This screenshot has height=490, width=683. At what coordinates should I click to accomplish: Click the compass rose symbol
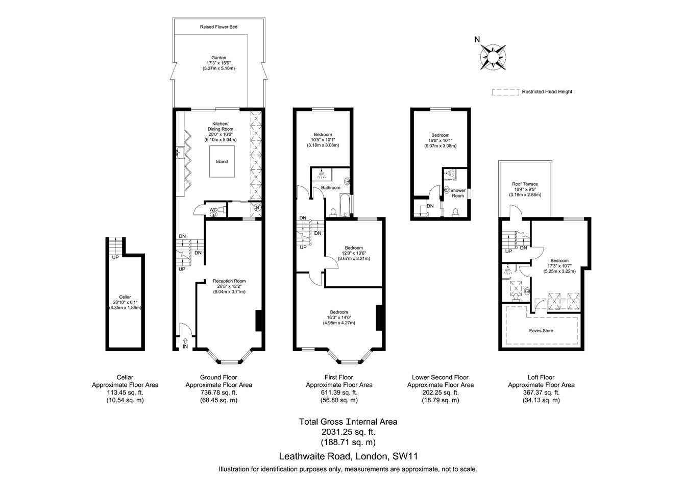493,57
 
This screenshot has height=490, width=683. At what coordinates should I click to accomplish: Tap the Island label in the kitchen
222,162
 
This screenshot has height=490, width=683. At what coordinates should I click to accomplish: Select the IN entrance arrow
185,341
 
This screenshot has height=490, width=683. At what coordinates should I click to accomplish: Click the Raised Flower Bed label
218,27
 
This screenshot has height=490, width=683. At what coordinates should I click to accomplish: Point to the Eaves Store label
541,331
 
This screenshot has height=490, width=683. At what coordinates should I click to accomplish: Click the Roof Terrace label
525,184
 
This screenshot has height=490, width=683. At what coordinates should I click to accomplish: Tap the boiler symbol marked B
258,208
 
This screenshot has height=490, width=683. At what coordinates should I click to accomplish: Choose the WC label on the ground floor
213,210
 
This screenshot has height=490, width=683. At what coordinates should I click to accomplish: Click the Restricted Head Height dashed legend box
505,92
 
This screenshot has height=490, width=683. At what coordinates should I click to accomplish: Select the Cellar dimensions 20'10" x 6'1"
125,302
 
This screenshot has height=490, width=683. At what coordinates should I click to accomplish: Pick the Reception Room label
229,281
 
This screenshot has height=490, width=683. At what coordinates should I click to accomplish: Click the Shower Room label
458,193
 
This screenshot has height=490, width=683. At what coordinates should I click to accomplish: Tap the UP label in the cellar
115,257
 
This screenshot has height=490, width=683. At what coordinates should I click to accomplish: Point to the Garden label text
218,58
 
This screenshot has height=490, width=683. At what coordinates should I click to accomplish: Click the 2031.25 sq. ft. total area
348,432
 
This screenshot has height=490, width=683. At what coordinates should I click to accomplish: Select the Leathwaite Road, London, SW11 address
348,456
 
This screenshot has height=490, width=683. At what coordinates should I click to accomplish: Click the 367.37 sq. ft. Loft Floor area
541,393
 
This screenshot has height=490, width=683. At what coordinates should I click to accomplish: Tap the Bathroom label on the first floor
330,187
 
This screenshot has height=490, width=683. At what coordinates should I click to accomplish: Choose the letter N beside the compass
477,39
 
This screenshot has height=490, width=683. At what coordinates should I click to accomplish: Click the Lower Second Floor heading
440,377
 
